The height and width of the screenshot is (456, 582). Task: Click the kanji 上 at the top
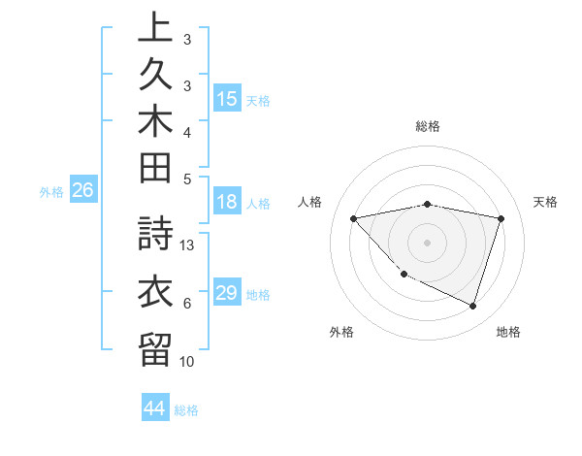click(154, 28)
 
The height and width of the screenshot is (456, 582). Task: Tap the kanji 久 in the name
click(154, 75)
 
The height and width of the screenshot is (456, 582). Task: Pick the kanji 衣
click(154, 292)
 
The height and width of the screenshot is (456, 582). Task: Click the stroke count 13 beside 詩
click(188, 245)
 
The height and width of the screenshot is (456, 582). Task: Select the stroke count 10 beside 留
click(188, 361)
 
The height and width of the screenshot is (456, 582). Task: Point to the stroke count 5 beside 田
click(187, 179)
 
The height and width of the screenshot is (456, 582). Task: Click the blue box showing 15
click(227, 99)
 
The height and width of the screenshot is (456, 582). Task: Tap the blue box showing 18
click(227, 203)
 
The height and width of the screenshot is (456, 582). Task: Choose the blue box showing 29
click(227, 293)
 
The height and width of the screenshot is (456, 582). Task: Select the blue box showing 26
click(83, 191)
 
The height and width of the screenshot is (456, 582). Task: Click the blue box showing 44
click(155, 408)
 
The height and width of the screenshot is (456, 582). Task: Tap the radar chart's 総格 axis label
click(428, 126)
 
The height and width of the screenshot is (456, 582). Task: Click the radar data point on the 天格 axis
click(501, 218)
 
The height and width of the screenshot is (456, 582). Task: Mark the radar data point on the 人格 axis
click(353, 218)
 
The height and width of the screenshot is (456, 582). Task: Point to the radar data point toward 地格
click(472, 306)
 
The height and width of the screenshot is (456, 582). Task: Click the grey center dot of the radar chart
click(427, 242)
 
